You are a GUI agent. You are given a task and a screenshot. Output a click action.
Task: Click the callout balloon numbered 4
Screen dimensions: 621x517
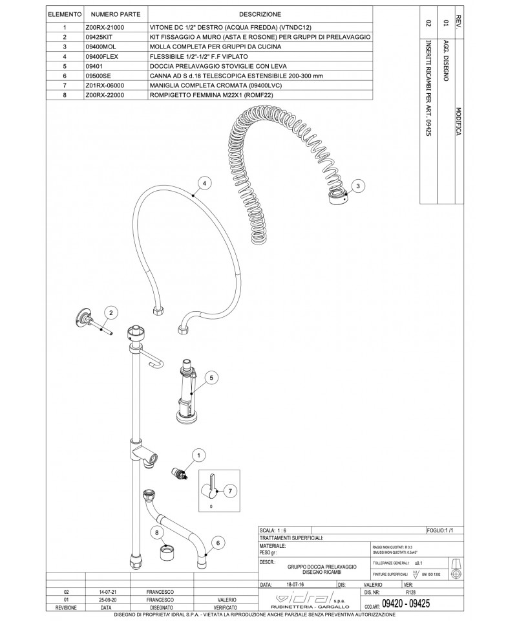205,184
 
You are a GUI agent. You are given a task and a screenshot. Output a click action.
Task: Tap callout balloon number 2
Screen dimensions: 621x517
111,313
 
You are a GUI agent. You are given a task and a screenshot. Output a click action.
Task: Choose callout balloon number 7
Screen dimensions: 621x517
229,491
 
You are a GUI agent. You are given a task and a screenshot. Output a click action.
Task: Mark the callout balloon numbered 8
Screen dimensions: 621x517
156,532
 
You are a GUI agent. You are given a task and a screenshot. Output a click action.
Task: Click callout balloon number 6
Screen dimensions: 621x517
218,543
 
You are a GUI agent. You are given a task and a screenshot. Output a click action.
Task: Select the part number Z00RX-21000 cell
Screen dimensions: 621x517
104,28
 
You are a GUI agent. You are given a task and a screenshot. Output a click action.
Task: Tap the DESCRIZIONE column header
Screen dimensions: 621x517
260,14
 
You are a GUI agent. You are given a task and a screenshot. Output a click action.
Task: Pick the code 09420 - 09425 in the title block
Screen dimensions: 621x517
406,603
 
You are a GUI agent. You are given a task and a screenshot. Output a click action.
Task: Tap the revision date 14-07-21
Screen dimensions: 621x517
107,592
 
